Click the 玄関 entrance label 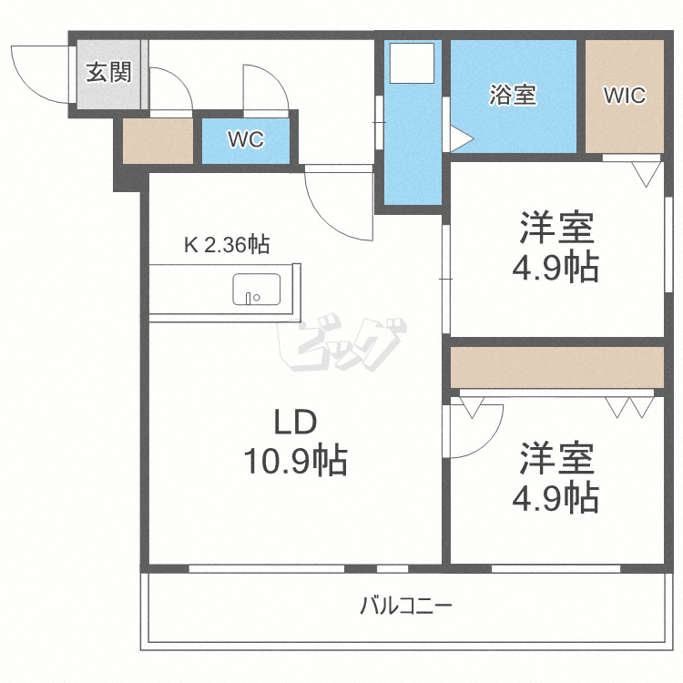(x=108, y=73)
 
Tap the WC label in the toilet (x=245, y=140)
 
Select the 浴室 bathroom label (x=512, y=95)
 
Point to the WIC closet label (x=624, y=95)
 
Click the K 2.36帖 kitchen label (x=226, y=244)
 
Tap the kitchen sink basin (x=252, y=290)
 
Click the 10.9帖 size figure (x=294, y=462)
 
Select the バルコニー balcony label (x=405, y=606)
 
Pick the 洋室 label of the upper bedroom (x=557, y=227)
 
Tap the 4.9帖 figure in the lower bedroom (x=557, y=497)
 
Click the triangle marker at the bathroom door (x=460, y=139)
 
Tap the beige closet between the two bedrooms (x=556, y=366)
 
